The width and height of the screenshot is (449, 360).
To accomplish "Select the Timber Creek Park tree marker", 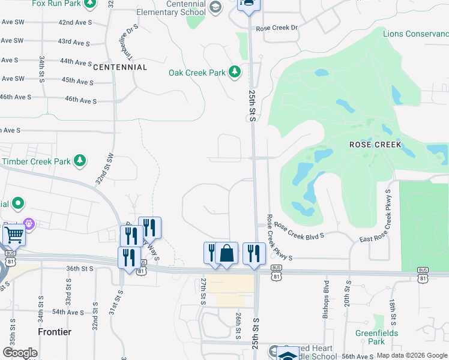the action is point(79,161).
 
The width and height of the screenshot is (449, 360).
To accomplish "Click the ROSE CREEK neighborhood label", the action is point(375,145).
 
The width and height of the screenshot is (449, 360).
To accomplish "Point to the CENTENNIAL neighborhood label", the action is point(120,67).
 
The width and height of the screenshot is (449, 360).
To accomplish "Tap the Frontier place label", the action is point(54,332).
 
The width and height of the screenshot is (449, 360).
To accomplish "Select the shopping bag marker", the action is point(227,254).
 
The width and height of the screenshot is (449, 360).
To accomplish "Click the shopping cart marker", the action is point(13,236).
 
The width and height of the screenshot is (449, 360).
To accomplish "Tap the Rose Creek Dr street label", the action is point(277,28).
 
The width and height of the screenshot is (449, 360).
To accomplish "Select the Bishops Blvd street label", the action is point(327,294).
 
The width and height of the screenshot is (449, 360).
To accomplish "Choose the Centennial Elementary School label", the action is point(170,8).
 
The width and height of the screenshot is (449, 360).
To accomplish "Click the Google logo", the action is point(20,352).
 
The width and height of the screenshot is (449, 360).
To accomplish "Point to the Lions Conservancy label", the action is point(415,34).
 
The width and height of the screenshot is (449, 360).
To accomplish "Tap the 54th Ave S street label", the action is point(68,312).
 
